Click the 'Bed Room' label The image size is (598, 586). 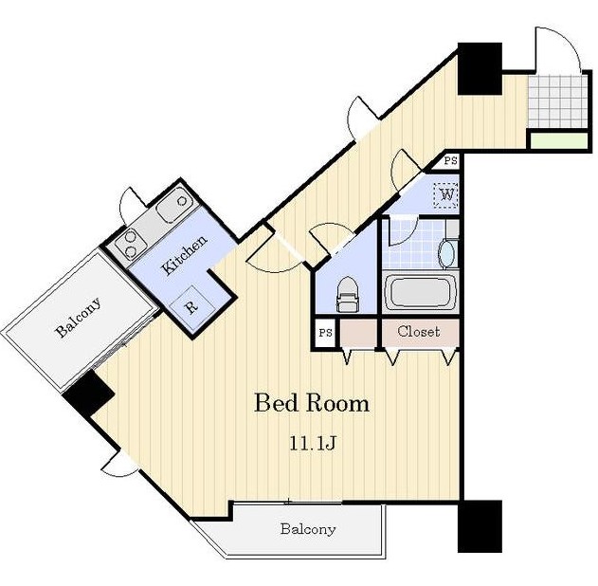click(x=312, y=403)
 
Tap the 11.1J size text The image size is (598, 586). click(x=313, y=444)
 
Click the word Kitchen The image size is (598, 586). click(x=184, y=254)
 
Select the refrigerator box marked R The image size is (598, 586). click(x=191, y=305)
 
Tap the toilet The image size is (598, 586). click(x=348, y=294)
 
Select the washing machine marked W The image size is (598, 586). click(x=446, y=195)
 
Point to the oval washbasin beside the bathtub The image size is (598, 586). click(x=446, y=254)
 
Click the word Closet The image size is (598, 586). click(x=419, y=332)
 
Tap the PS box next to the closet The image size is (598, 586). click(x=325, y=333)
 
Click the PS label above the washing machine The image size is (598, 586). click(x=450, y=160)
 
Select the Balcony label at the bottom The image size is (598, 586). click(x=308, y=529)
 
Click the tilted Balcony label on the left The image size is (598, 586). click(x=79, y=317)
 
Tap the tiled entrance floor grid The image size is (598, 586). click(x=557, y=101)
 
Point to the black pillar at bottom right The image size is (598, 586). click(x=480, y=526)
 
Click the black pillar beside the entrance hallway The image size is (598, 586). click(x=480, y=68)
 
